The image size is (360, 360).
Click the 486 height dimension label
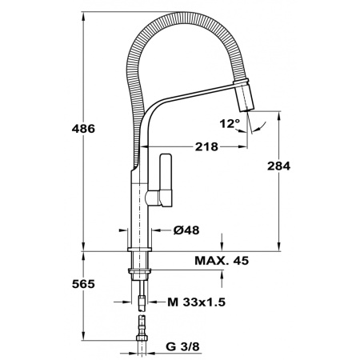coord(83,129)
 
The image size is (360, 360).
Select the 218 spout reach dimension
coord(206,146)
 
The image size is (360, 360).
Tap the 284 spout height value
coord(278,166)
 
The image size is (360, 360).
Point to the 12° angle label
coord(230,123)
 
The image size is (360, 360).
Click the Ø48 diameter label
coord(186,230)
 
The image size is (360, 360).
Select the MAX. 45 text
coord(222,260)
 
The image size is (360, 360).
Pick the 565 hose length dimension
coord(83,284)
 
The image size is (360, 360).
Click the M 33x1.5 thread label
coord(197,302)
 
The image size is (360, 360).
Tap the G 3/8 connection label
coord(182,346)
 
